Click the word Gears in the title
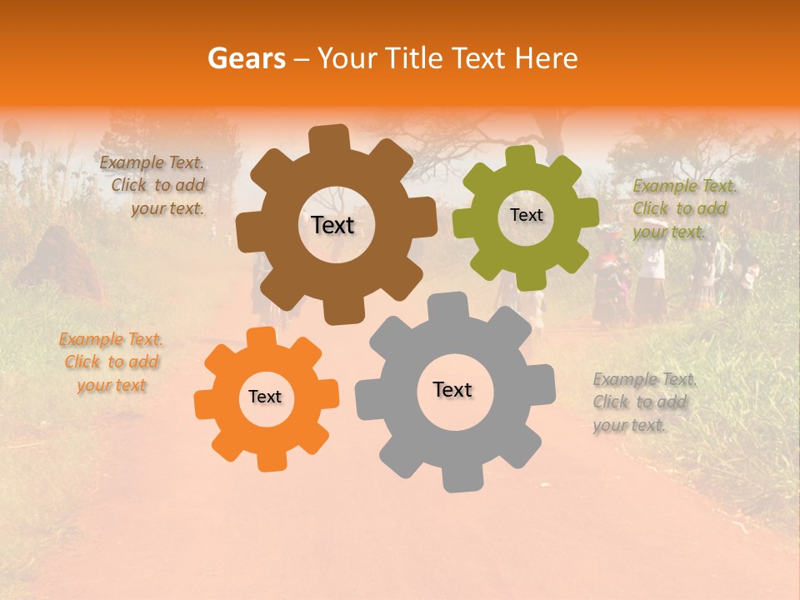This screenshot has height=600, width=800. pyautogui.click(x=245, y=58)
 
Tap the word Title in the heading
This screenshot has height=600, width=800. pyautogui.click(x=414, y=58)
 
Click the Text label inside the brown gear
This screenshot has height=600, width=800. pyautogui.click(x=332, y=225)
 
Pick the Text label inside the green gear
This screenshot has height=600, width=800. pyautogui.click(x=526, y=215)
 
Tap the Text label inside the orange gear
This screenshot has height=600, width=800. pyautogui.click(x=265, y=397)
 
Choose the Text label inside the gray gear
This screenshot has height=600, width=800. pyautogui.click(x=452, y=389)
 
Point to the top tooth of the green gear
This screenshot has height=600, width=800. pyautogui.click(x=521, y=156)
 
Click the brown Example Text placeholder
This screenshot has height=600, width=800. pyautogui.click(x=152, y=186)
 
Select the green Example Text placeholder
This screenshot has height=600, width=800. pyautogui.click(x=684, y=208)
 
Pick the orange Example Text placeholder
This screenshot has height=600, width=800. pyautogui.click(x=111, y=362)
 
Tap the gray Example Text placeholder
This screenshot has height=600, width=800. pyautogui.click(x=643, y=402)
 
